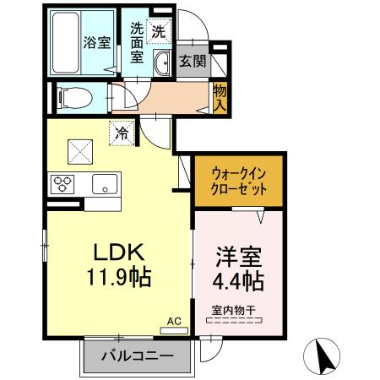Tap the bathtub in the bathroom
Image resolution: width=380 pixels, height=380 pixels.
point(65,42)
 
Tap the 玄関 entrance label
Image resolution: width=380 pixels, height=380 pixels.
point(191,62)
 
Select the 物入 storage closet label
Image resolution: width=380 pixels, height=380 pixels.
point(219,97)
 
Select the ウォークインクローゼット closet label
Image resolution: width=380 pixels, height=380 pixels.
point(235,180)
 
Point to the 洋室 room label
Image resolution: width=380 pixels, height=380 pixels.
point(233,254)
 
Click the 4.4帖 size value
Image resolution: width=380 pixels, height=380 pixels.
point(233,279)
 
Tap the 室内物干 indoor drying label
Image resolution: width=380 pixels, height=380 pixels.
point(233,310)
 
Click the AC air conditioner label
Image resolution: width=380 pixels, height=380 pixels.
point(173,322)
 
